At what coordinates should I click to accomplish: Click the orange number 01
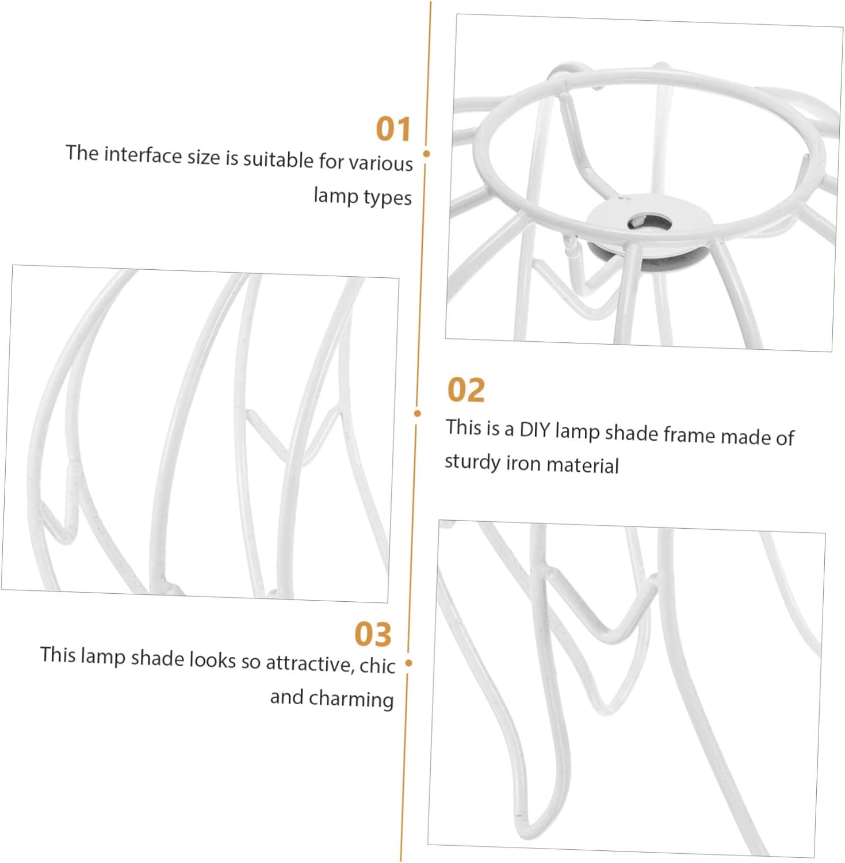coord(393,128)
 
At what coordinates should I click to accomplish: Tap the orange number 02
coord(466,390)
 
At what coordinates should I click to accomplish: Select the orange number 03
coord(373,634)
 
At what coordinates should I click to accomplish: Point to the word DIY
coord(534,430)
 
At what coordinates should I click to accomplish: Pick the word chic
coord(377,666)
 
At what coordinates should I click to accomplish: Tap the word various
coord(381,163)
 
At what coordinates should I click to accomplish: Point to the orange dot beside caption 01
coord(426,154)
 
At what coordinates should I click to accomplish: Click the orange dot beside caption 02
coord(418,413)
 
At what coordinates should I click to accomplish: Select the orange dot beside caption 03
coord(409,663)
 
